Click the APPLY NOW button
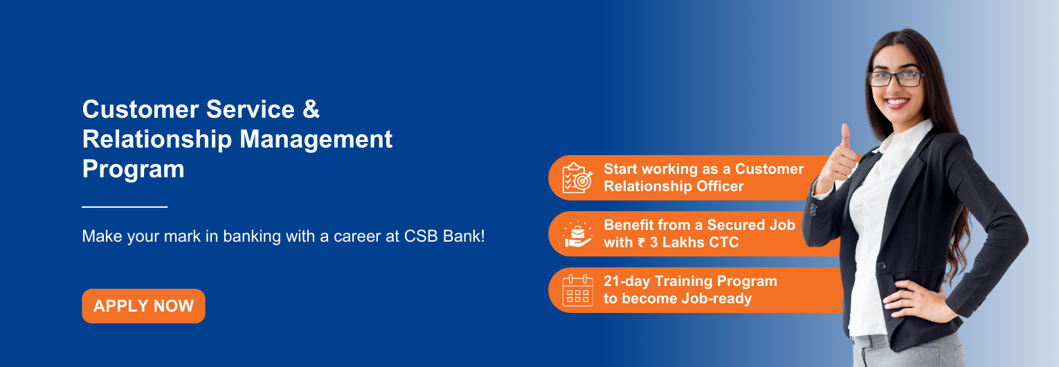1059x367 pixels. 143,306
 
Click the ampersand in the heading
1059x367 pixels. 311,109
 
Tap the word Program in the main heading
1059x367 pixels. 133,169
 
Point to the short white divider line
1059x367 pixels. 125,206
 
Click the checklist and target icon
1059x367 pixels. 577,178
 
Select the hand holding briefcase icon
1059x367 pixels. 577,234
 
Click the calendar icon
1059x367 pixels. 577,290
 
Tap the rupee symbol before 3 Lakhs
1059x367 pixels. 641,242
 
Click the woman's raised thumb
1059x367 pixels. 845,134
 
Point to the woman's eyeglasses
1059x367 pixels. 895,78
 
